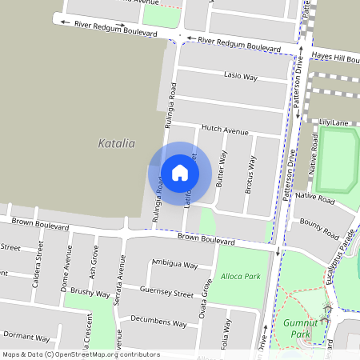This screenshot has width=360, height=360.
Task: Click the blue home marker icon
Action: click(x=180, y=173)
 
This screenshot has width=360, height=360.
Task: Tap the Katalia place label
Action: click(x=116, y=143)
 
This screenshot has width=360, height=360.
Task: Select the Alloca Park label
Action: click(x=241, y=276)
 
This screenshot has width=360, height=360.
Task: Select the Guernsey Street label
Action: click(x=166, y=292)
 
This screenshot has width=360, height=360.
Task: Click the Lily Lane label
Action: click(x=334, y=122)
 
